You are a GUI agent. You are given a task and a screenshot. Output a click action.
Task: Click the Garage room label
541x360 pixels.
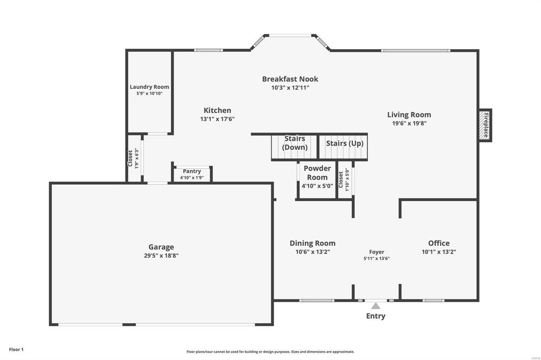[161, 247]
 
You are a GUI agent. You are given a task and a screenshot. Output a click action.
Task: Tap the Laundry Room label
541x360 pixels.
[150, 87]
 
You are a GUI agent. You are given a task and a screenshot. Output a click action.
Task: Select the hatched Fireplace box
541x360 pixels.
[485, 125]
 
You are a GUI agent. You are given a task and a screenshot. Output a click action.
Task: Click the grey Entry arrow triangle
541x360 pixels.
[376, 306]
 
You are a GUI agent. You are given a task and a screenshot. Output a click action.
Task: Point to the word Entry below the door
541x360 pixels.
[376, 316]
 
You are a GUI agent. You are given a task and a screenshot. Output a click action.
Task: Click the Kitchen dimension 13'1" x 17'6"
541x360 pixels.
[217, 119]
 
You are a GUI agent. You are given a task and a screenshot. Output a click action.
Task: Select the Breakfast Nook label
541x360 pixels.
[290, 79]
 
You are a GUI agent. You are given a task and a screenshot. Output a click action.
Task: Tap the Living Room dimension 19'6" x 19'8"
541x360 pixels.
[409, 123]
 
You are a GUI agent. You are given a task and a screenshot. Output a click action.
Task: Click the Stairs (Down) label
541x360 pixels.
[295, 143]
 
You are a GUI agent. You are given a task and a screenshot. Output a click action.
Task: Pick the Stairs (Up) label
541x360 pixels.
[344, 143]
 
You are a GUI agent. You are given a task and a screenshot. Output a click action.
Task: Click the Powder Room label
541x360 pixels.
[317, 173]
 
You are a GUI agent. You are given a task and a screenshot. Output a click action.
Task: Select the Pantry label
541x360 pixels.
[192, 171]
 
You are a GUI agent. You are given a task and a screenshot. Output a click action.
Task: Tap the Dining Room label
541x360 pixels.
[313, 243]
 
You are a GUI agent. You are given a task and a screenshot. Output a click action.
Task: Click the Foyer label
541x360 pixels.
[376, 252]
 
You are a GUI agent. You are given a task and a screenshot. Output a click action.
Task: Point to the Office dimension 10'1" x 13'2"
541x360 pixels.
[439, 252]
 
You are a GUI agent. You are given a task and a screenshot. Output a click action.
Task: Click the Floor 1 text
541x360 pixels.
[16, 349]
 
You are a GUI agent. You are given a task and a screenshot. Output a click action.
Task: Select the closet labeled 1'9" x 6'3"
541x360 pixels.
[134, 158]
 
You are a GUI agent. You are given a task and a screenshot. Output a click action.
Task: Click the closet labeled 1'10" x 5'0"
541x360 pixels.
[344, 179]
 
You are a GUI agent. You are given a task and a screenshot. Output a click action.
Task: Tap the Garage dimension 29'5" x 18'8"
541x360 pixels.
[161, 255]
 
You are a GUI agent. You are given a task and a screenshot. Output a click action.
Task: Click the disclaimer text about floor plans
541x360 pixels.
[270, 352]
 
